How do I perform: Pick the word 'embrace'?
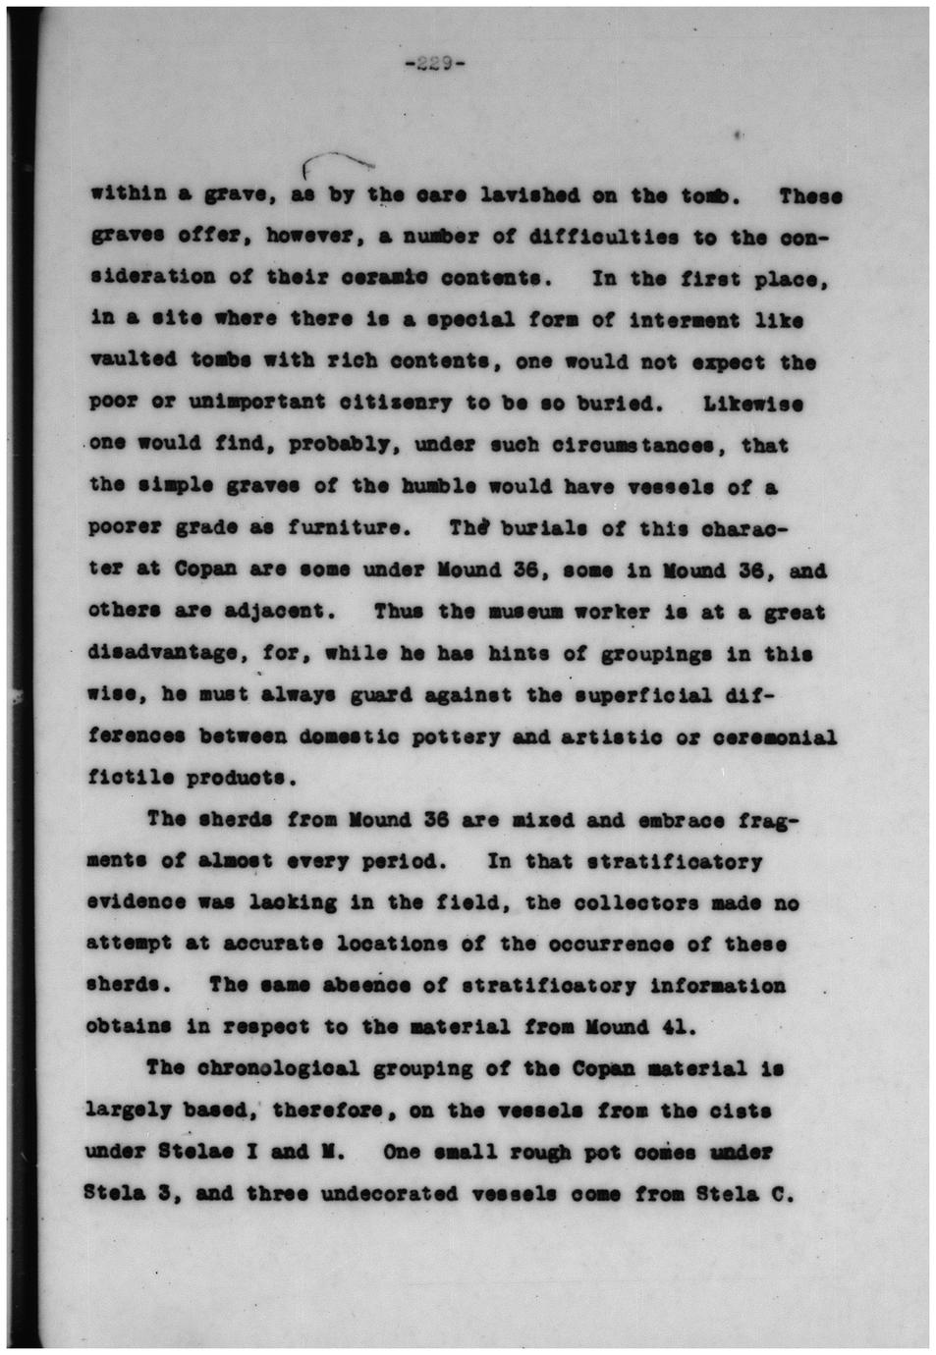tap(668, 820)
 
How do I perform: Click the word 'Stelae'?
tap(201, 1152)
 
